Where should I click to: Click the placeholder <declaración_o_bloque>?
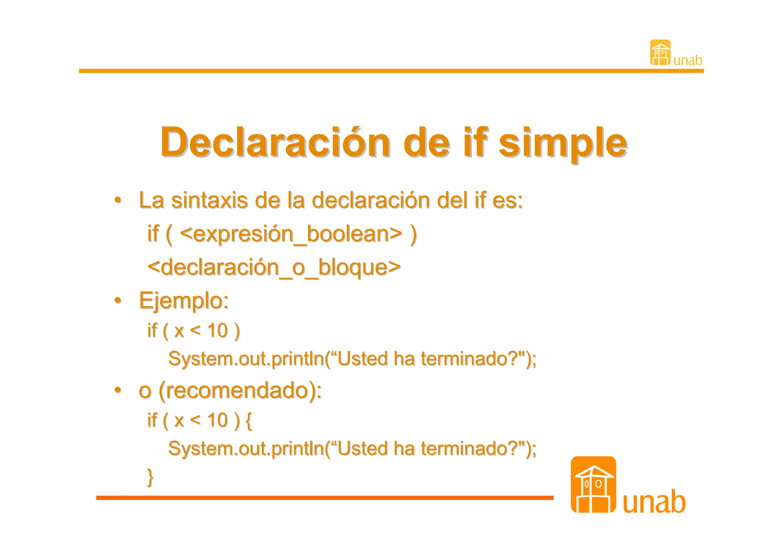[x=274, y=267]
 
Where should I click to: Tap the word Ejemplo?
[x=184, y=301]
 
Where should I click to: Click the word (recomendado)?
[x=240, y=390]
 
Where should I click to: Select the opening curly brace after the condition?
[x=249, y=420]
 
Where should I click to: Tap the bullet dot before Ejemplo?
[x=118, y=300]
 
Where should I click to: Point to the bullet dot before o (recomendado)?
[x=118, y=390]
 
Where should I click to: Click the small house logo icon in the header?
[x=660, y=53]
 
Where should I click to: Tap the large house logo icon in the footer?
[x=593, y=485]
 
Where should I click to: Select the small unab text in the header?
[x=687, y=60]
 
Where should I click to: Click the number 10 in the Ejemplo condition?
[x=218, y=331]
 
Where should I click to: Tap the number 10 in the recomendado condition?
[x=218, y=420]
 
